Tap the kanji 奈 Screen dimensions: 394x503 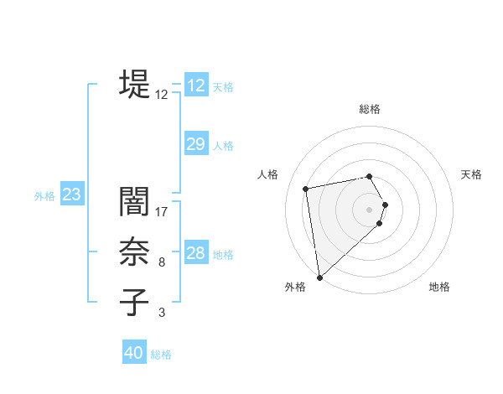click(x=134, y=252)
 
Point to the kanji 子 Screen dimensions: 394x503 click(x=134, y=303)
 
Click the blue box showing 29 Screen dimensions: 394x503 click(x=195, y=144)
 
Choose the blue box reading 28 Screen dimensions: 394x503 click(x=195, y=253)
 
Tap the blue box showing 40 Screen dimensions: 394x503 click(x=134, y=353)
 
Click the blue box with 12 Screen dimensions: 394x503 click(x=195, y=86)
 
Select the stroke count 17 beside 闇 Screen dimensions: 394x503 click(x=162, y=212)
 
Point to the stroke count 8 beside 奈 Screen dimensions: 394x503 click(x=162, y=262)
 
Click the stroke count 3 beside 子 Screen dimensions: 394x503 click(x=162, y=313)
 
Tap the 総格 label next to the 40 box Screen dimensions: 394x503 click(x=161, y=355)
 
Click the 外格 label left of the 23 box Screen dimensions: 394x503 click(x=44, y=196)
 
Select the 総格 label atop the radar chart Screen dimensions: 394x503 click(x=370, y=109)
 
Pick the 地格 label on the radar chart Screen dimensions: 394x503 click(x=439, y=287)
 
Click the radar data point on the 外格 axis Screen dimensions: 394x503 click(x=319, y=277)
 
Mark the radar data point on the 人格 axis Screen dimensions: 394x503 click(x=306, y=189)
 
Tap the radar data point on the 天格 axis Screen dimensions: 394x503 click(x=385, y=205)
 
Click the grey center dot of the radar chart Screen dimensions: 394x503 click(x=370, y=209)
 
